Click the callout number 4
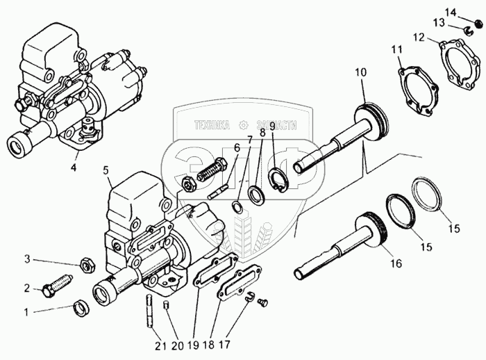point(73,166)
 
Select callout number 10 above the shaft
point(360,72)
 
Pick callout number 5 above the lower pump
point(106,169)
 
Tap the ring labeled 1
point(80,307)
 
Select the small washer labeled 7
point(237,206)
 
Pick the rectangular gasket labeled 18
point(236,285)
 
